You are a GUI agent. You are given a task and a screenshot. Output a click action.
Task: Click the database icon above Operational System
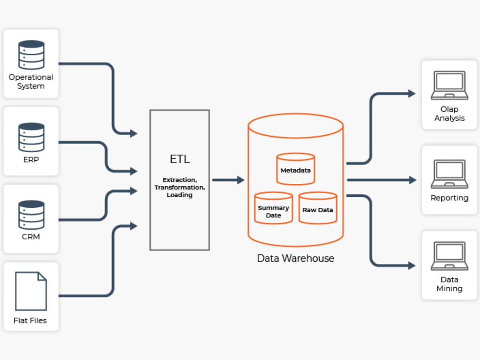click(31, 55)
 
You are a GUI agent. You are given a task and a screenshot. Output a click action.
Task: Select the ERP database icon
click(31, 137)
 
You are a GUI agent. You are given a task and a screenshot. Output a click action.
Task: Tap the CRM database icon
click(31, 215)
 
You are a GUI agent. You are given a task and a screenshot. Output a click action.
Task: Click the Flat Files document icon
click(31, 291)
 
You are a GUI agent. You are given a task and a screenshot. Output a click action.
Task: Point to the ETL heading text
click(180, 159)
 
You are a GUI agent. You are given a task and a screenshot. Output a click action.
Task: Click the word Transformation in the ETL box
click(180, 187)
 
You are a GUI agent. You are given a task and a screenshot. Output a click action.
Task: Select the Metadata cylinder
click(296, 169)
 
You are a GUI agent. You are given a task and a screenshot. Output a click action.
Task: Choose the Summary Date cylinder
click(274, 208)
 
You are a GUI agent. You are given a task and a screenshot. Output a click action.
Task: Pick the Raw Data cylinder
click(318, 208)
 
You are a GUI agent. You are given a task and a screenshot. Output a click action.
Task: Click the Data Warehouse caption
click(296, 258)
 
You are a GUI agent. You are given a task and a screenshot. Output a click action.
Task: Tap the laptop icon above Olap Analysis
click(449, 85)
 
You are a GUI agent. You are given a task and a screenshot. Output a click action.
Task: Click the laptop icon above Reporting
click(449, 174)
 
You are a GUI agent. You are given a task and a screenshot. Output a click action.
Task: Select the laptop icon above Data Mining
click(449, 256)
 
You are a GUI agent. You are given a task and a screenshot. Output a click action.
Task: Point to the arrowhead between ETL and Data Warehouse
click(241, 180)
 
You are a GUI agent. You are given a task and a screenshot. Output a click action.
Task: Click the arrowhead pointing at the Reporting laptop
click(413, 180)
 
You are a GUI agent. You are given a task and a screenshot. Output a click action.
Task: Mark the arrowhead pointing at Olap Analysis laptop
click(412, 93)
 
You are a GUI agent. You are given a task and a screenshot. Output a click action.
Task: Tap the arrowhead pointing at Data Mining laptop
click(412, 266)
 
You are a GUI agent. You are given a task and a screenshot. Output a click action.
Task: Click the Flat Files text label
click(30, 320)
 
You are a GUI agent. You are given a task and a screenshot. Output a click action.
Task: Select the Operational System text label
click(31, 82)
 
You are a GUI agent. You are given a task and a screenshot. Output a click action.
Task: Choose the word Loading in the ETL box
click(180, 195)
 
